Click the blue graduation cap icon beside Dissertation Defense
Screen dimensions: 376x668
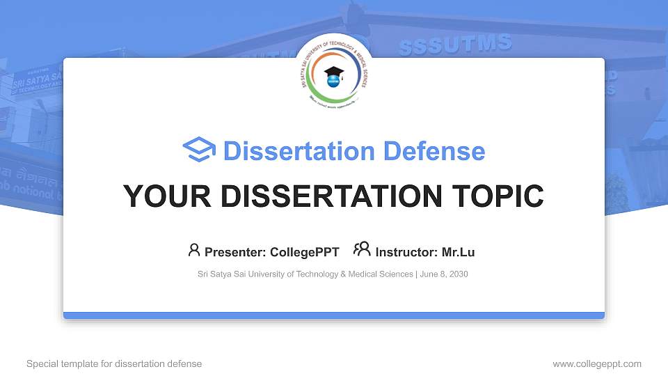[200, 150]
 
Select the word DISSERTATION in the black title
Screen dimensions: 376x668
[321, 196]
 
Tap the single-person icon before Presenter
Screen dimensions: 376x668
[194, 250]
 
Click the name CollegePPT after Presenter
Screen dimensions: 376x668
[305, 252]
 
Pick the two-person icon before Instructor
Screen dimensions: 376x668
[362, 250]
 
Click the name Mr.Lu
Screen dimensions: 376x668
[458, 252]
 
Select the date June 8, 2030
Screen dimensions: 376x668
[444, 274]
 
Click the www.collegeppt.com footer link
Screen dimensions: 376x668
[596, 363]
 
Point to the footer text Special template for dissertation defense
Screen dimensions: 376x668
[114, 363]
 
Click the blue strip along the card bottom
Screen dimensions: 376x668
[334, 315]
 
